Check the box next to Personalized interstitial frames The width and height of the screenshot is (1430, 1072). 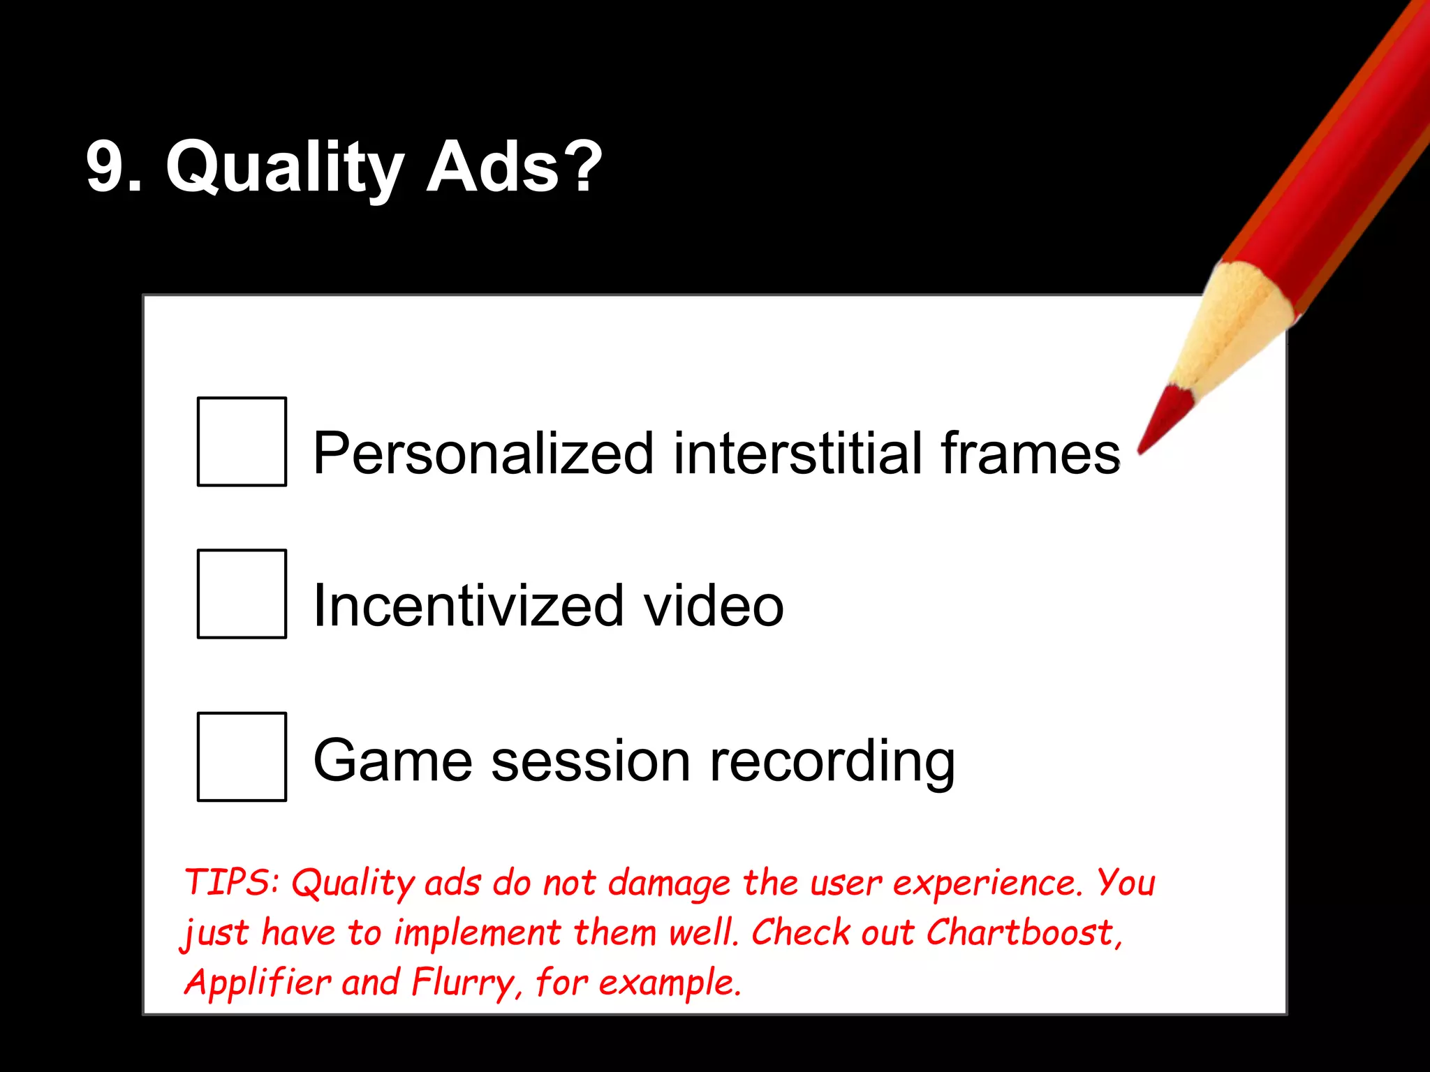242,441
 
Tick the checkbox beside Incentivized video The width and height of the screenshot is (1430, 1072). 242,594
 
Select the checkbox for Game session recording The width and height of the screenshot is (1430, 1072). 242,757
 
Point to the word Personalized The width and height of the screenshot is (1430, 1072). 482,454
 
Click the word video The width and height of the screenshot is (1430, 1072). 713,605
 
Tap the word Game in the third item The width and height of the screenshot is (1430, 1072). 392,760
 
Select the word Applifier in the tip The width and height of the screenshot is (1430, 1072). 257,983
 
